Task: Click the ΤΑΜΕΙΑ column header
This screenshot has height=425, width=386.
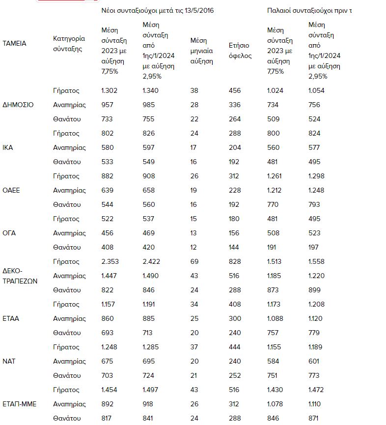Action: (14, 43)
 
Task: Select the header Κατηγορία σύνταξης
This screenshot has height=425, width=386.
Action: (69, 43)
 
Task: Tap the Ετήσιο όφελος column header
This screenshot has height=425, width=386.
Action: (240, 51)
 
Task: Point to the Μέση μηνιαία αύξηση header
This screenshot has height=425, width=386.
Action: (201, 51)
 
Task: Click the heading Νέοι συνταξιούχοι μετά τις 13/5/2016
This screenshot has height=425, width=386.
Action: (157, 10)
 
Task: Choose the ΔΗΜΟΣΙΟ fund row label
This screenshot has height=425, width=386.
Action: (18, 105)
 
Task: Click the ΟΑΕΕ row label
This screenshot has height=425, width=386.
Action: (11, 190)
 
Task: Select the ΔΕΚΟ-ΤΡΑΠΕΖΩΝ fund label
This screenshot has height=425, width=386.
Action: (20, 276)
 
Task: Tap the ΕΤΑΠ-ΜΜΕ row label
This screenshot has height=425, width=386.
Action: (20, 404)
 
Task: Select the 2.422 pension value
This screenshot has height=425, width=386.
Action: (151, 261)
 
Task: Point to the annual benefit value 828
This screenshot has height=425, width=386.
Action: (235, 261)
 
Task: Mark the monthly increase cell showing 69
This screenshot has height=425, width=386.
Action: (194, 261)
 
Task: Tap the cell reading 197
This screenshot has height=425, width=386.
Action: (314, 247)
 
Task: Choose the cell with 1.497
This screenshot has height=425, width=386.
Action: (150, 390)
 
